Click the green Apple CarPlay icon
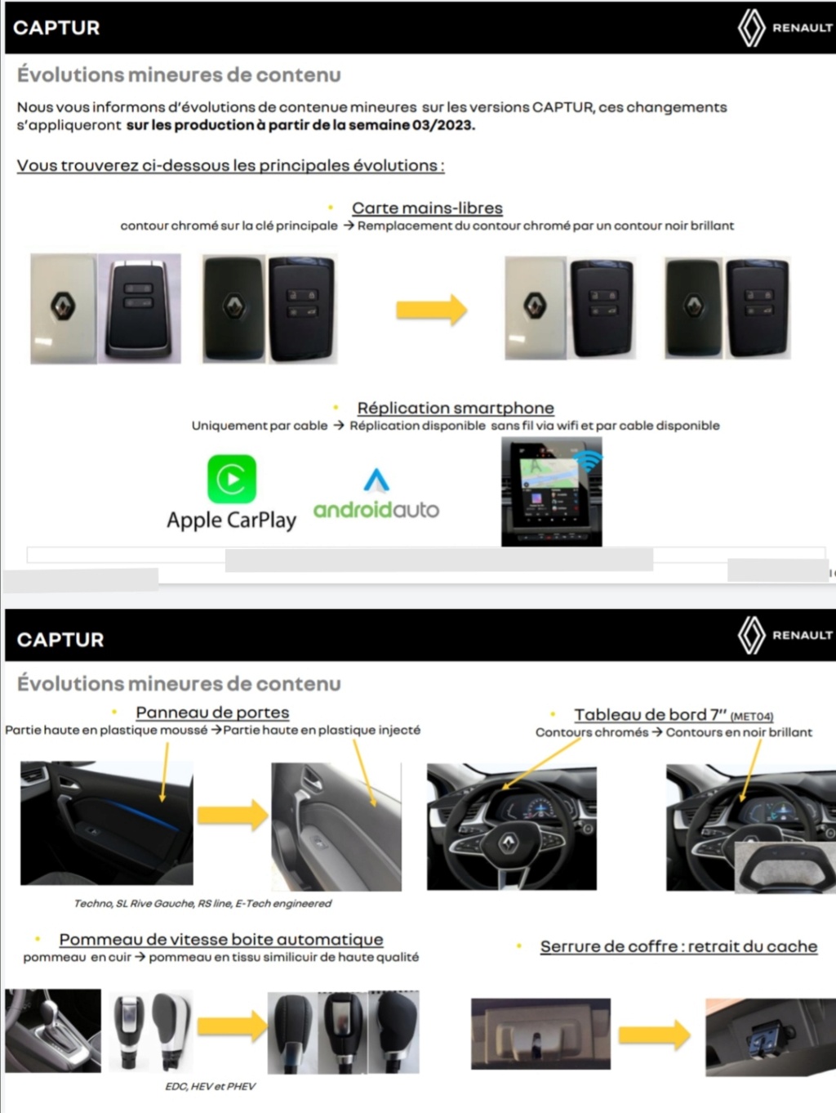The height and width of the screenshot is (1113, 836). tap(232, 479)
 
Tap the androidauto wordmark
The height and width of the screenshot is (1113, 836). tap(376, 510)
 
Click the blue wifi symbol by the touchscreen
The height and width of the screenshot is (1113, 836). tap(589, 460)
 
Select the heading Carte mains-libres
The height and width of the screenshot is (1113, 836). tap(427, 208)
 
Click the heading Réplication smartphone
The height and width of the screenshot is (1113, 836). tap(456, 408)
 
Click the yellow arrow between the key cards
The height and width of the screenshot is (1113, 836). tap(431, 310)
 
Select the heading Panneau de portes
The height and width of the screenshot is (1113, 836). tap(212, 713)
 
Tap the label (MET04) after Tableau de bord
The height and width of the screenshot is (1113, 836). tap(752, 717)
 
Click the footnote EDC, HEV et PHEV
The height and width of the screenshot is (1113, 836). tap(210, 1086)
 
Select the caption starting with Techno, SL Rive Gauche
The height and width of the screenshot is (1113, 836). tap(202, 903)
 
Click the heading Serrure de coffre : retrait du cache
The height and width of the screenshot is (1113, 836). tap(678, 946)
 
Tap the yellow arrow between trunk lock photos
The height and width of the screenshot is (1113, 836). tap(655, 1035)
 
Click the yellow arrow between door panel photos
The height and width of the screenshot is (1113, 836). tap(233, 815)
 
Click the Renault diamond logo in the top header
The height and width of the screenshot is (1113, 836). tap(751, 28)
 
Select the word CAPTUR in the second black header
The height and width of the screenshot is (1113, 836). tap(60, 639)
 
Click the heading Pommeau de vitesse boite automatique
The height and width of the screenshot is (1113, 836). tap(221, 939)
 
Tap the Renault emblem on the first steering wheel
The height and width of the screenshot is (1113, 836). tap(508, 843)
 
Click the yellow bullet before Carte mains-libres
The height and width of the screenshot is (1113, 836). tap(331, 208)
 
